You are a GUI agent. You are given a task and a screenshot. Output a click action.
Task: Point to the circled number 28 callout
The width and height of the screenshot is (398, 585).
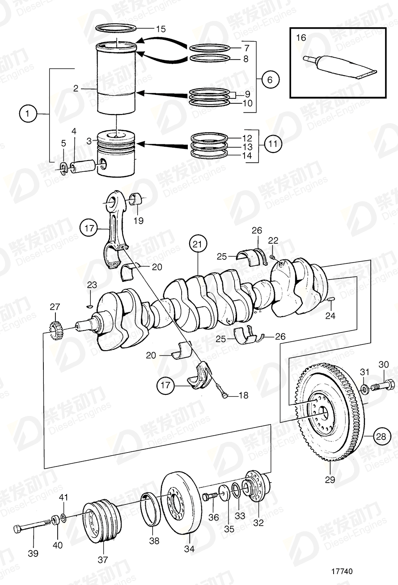pos(380,437)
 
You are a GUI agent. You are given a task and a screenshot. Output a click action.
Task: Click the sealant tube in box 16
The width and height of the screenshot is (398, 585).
pos(340,66)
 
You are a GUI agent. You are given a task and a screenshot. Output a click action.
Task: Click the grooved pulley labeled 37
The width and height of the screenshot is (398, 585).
pos(102,524)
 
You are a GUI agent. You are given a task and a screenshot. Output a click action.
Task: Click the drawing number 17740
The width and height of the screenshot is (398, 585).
pos(342,572)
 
